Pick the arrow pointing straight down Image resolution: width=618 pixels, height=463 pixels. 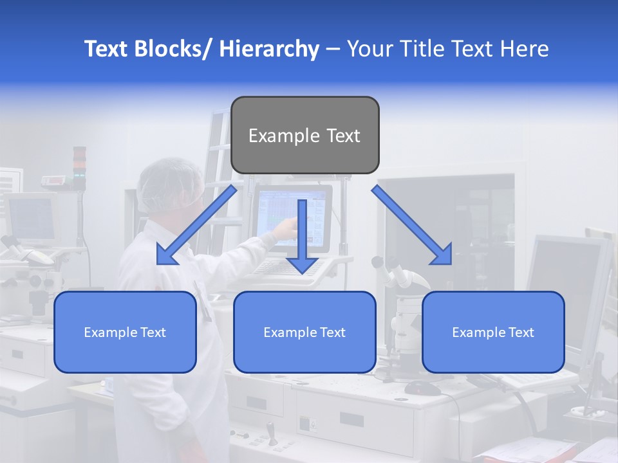pyautogui.click(x=302, y=238)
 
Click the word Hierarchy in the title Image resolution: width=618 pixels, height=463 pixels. pyautogui.click(x=269, y=49)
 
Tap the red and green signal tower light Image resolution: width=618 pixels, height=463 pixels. pyautogui.click(x=79, y=167)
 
